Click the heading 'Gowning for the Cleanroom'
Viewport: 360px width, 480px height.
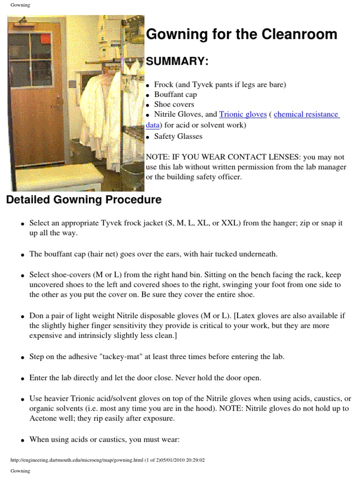241,34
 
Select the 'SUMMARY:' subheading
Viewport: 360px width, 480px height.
178,62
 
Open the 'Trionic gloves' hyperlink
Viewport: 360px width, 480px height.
243,114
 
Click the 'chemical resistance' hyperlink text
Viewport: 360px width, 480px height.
306,114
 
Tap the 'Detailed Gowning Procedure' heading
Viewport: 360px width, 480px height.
83,200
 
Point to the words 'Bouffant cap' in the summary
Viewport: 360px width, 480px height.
175,95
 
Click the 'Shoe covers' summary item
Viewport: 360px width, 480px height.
174,105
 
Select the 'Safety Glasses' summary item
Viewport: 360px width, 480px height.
178,136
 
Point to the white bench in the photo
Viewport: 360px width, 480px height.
70,179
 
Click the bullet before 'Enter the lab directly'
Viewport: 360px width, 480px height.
22,378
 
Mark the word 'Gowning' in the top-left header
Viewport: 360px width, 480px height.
20,5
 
